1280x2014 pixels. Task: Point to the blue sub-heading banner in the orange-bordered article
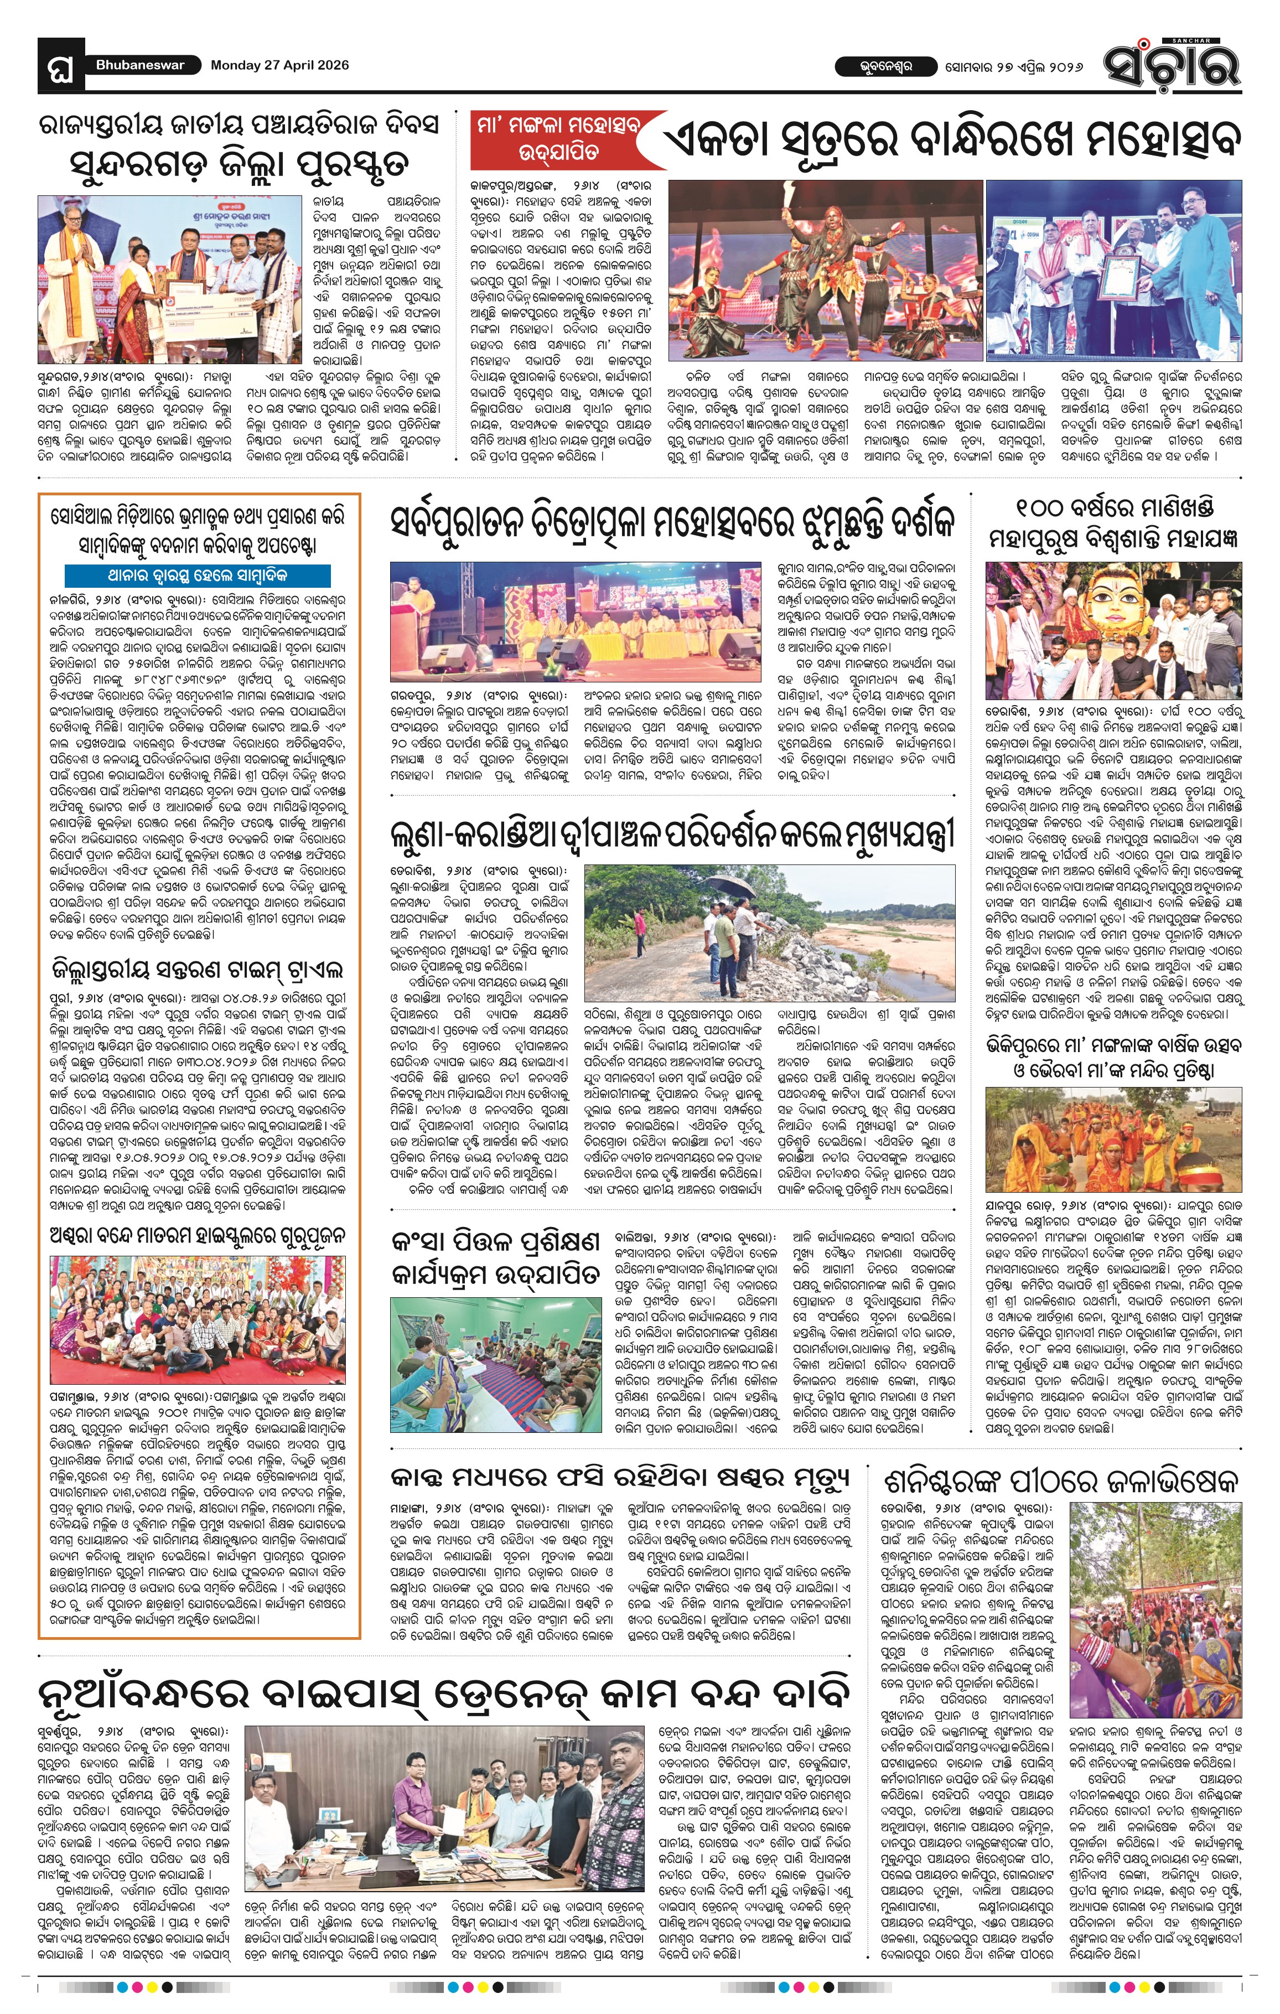[198, 576]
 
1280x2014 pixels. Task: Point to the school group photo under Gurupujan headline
[198, 1318]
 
